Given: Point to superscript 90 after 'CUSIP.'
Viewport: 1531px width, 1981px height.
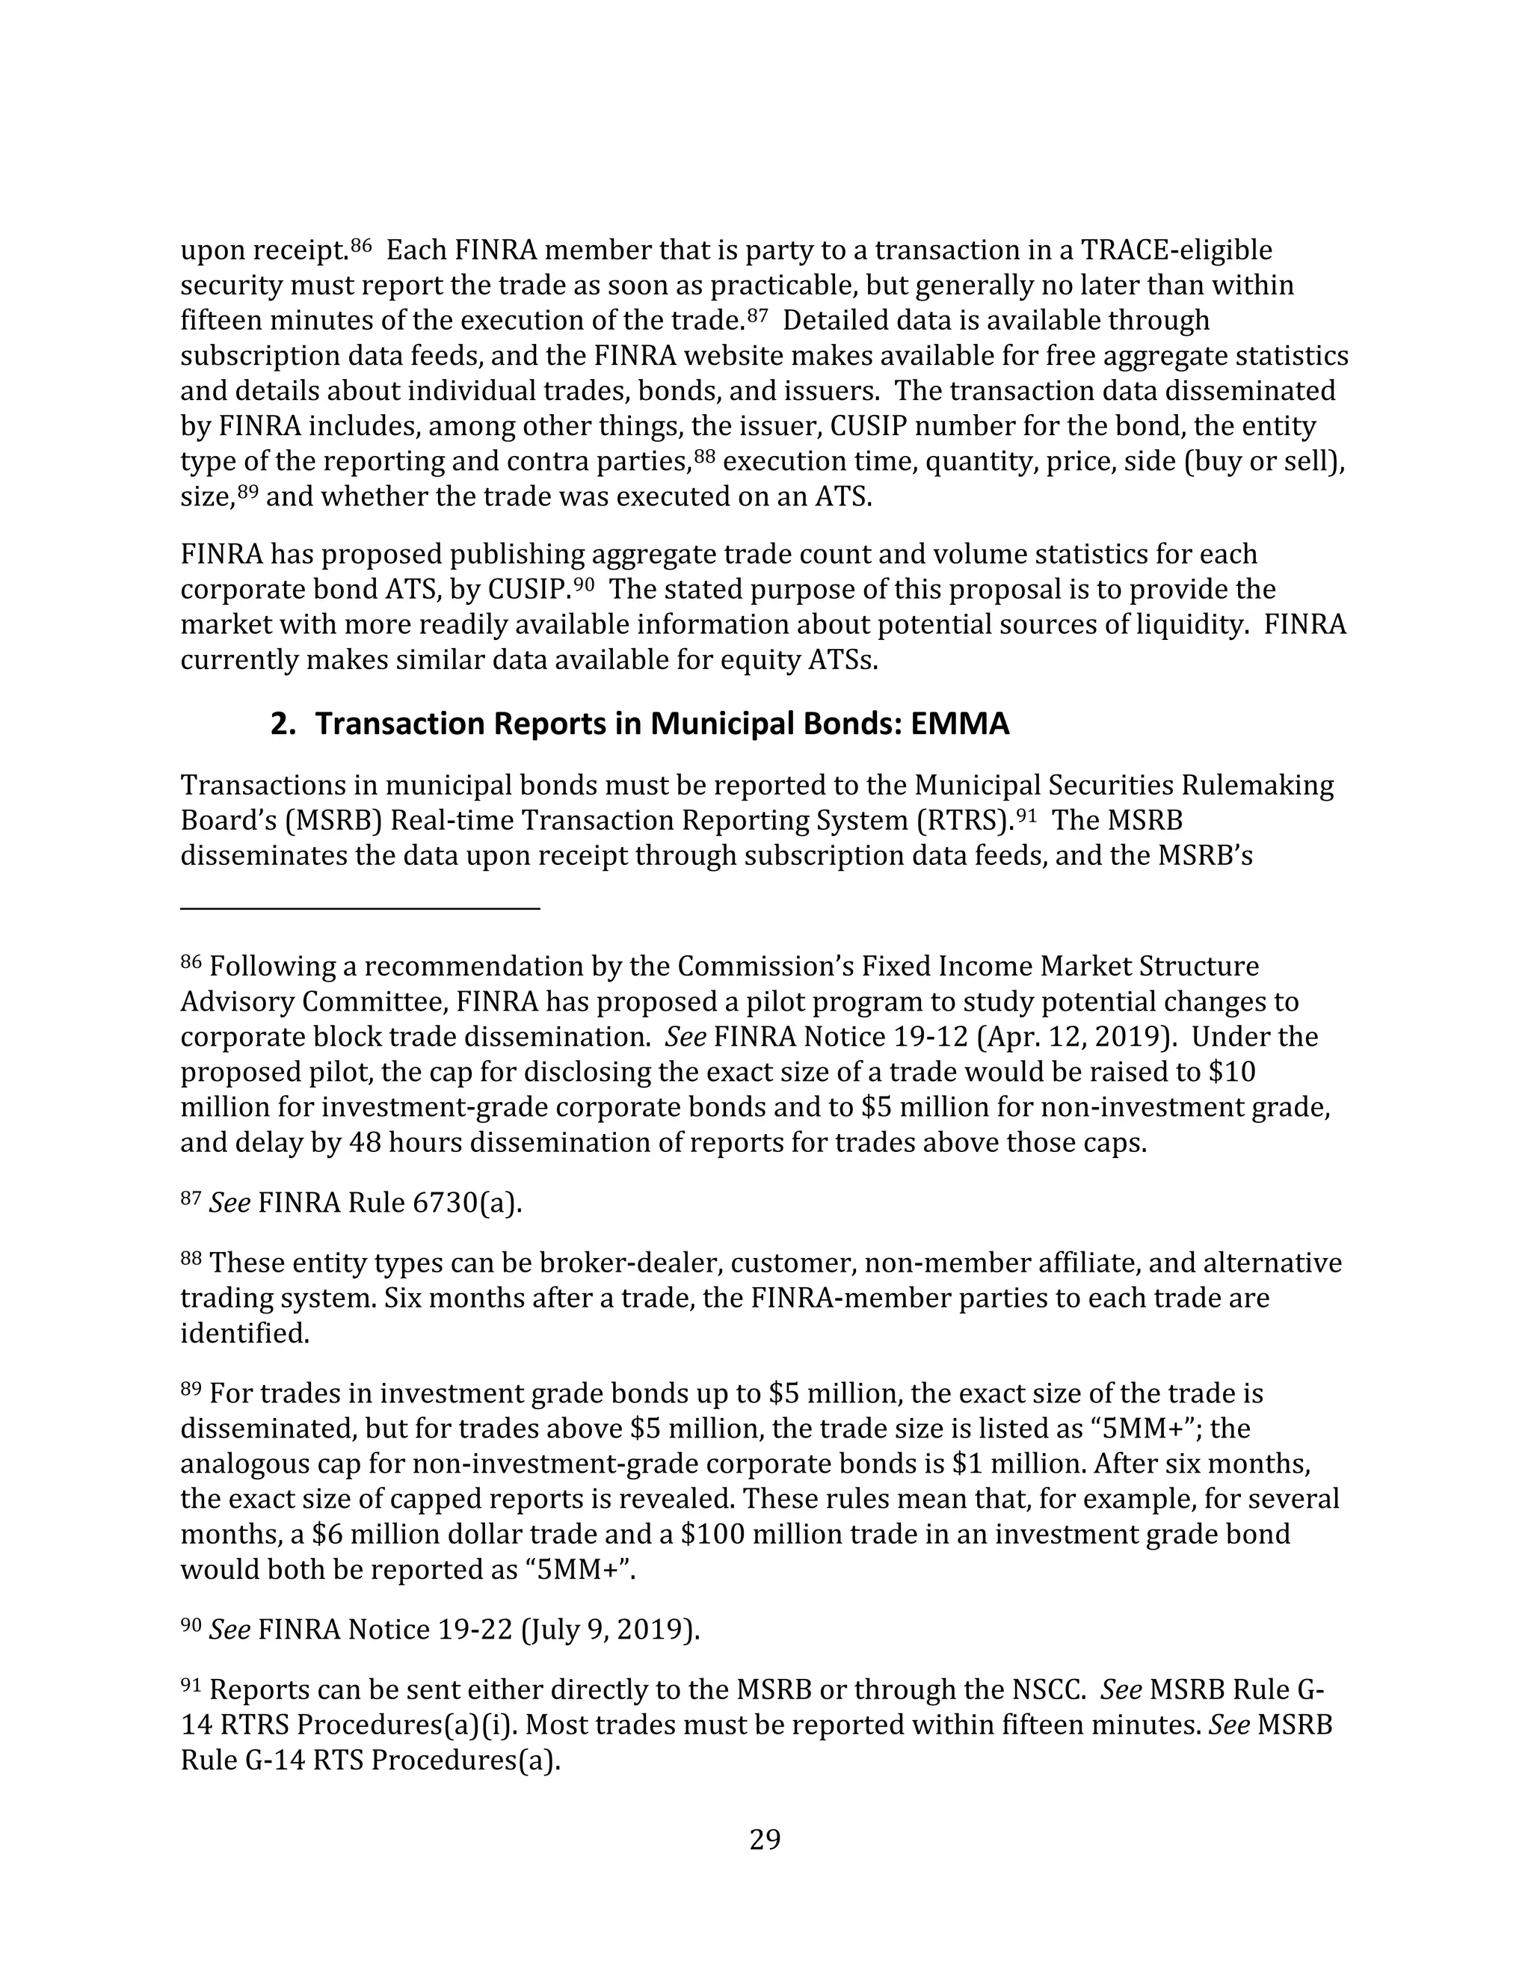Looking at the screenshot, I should (x=583, y=584).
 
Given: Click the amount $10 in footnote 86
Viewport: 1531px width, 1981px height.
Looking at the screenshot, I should (x=1233, y=1072).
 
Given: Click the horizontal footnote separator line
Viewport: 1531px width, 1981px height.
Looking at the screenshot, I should (x=360, y=907).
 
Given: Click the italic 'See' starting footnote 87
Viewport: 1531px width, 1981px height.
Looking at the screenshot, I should (x=230, y=1203).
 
